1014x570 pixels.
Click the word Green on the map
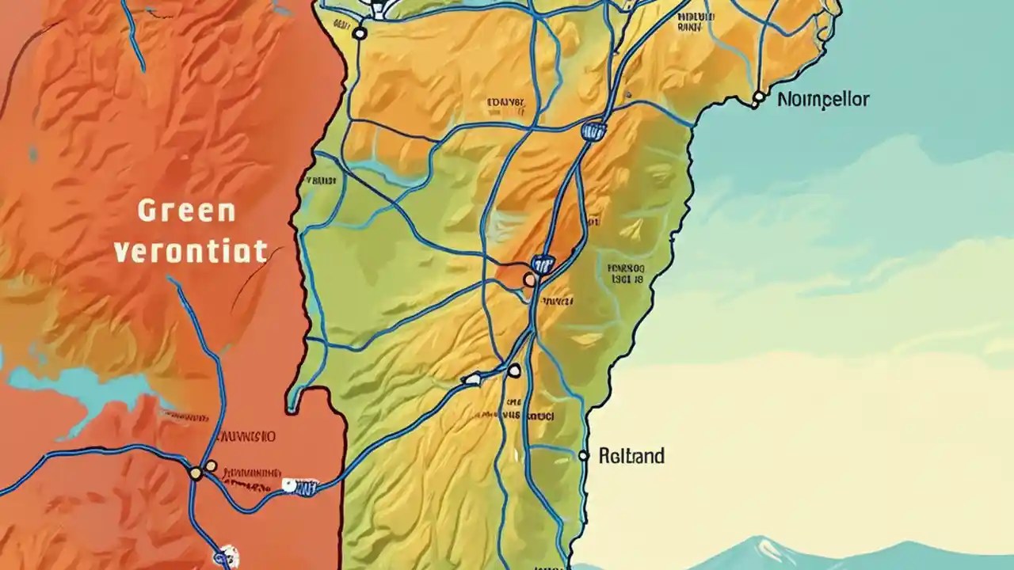186,211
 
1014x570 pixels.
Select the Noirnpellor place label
823,100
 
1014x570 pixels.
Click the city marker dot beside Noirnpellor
758,97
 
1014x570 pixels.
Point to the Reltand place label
631,456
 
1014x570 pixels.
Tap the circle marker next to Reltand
584,456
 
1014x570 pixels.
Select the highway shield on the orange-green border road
299,486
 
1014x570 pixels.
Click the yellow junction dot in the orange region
196,473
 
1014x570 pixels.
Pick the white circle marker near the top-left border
359,33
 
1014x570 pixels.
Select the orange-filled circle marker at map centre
529,279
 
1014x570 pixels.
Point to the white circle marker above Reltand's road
514,370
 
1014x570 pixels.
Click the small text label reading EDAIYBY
506,102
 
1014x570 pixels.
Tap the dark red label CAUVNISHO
246,436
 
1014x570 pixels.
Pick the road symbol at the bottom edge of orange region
225,554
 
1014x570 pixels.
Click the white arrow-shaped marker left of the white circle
472,379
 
